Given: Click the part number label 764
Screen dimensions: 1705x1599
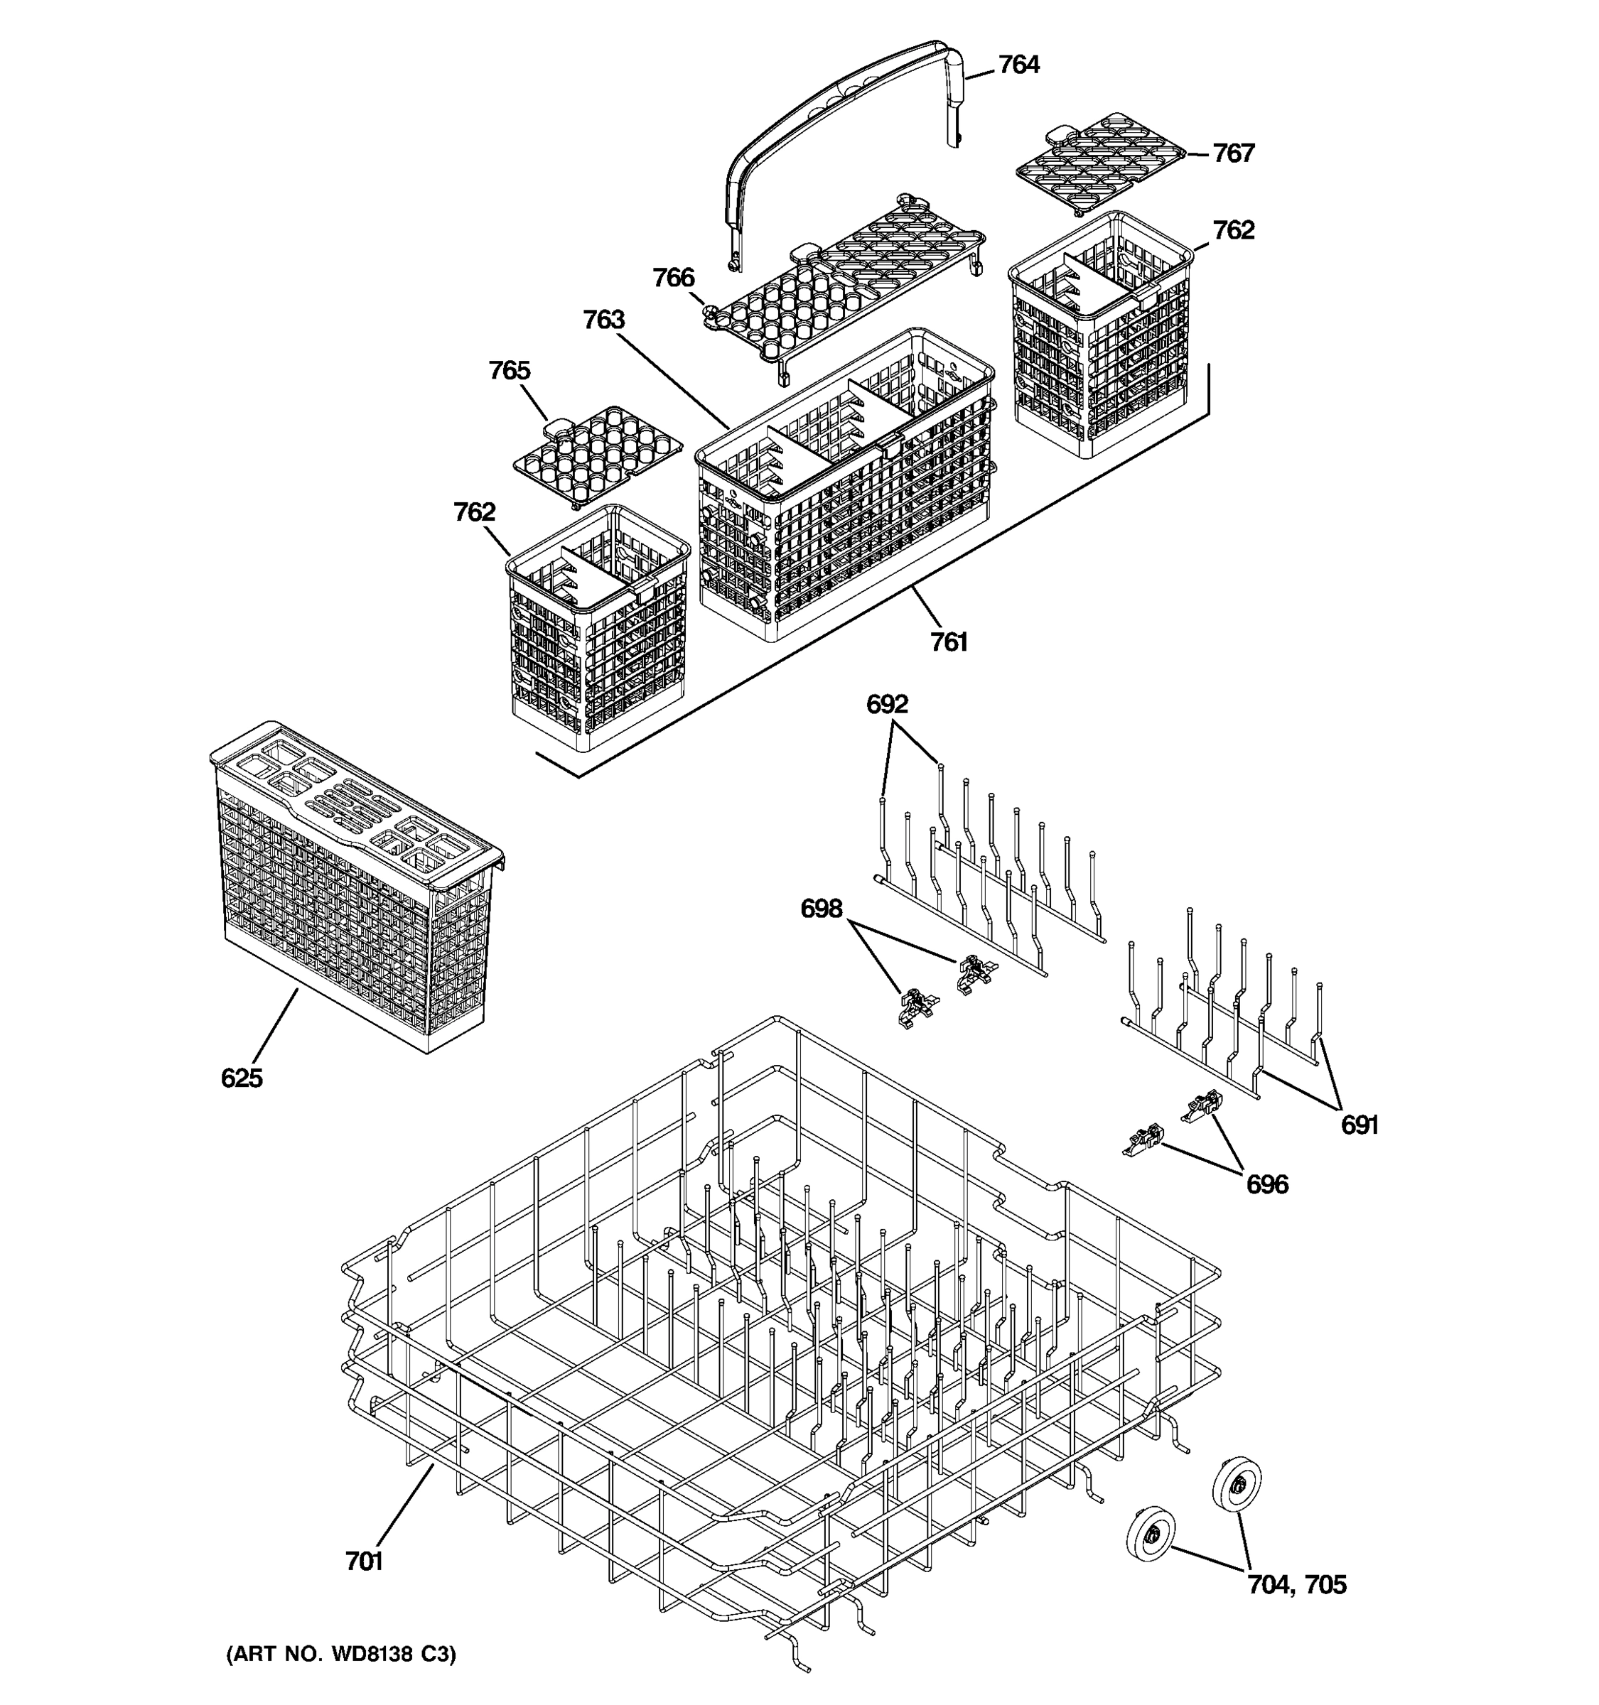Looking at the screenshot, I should pos(1018,65).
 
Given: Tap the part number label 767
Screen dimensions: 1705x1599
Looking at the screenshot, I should pos(1233,153).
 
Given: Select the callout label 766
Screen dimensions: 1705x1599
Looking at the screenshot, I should pos(674,278).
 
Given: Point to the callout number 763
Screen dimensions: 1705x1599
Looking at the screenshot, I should pos(604,320).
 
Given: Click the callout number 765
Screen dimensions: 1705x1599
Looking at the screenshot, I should pos(510,371).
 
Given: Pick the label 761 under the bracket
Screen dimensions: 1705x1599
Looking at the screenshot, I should pos(949,642).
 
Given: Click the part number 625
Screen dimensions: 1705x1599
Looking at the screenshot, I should pos(241,1078).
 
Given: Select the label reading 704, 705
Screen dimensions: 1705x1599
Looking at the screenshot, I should pos(1296,1585).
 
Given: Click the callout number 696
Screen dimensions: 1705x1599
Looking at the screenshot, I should pos(1267,1184).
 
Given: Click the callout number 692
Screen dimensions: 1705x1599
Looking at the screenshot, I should pos(887,704).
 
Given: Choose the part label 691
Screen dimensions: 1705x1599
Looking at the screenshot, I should pos(1360,1125).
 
